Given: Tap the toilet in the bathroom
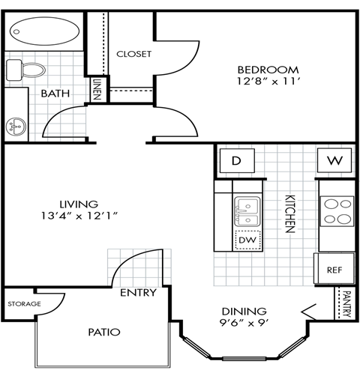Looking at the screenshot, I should (x=26, y=70).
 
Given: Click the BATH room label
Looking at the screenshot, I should (x=55, y=94).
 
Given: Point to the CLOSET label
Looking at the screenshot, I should (x=134, y=54).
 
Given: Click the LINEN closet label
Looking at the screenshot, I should (x=97, y=90).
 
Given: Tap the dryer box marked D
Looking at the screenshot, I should (x=235, y=160).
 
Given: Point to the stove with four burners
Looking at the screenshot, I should (x=337, y=211).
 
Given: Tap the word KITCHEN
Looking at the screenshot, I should (x=289, y=216).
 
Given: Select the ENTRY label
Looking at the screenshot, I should (x=138, y=292).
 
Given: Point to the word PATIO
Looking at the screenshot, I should (x=103, y=330).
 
